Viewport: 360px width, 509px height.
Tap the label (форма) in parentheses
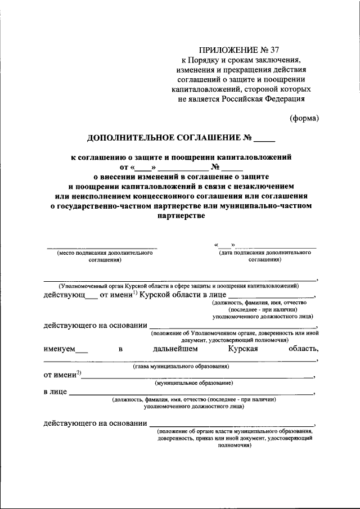click(304, 118)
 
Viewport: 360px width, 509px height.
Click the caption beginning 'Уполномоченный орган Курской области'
click(180, 286)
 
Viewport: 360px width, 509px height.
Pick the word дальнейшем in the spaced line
click(175, 349)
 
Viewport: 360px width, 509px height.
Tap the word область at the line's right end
click(303, 349)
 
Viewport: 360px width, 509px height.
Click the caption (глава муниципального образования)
click(180, 367)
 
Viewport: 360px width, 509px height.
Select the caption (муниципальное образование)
click(195, 382)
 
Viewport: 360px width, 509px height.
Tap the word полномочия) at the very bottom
click(235, 444)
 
